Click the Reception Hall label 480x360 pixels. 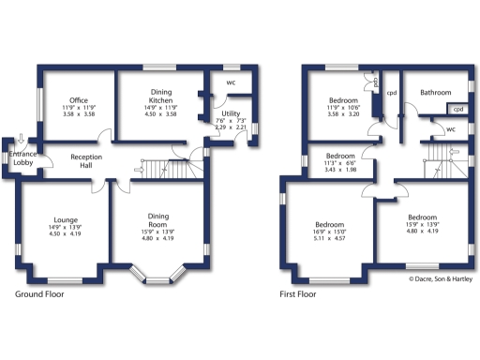pyautogui.click(x=86, y=160)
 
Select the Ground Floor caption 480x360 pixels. pyautogui.click(x=40, y=293)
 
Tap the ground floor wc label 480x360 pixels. pyautogui.click(x=231, y=82)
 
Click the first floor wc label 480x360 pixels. pyautogui.click(x=450, y=130)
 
